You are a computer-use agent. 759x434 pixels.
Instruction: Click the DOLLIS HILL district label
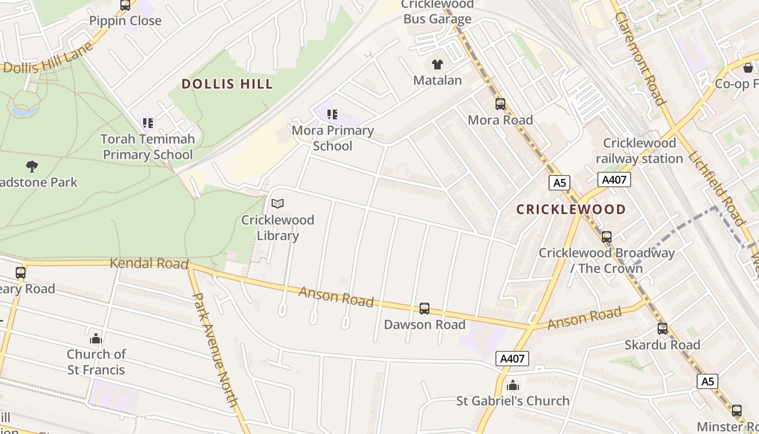(227, 84)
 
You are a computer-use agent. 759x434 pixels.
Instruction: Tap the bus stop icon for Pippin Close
(125, 5)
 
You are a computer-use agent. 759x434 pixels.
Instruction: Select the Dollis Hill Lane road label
(49, 61)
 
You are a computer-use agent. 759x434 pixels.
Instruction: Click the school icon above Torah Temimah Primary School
(148, 123)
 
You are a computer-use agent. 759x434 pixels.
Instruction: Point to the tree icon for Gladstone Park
(32, 166)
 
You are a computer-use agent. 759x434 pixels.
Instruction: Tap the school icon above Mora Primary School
(332, 114)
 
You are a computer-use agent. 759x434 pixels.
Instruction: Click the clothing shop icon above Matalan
(438, 65)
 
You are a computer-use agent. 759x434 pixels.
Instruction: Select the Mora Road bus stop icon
(500, 104)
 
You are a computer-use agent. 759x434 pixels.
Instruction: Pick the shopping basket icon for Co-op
(748, 68)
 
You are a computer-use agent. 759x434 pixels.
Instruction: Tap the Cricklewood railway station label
(639, 151)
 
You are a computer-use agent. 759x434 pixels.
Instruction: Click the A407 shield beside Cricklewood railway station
(614, 180)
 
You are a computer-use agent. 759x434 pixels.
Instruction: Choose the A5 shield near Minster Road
(707, 381)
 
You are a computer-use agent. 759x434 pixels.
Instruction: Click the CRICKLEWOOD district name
(571, 209)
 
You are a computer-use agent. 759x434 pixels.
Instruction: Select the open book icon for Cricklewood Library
(278, 204)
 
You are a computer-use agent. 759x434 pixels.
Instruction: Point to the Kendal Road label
(149, 264)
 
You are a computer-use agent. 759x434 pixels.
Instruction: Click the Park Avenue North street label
(215, 350)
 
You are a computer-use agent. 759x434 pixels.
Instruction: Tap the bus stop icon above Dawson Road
(424, 309)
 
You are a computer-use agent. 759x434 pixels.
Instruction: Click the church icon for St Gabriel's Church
(513, 386)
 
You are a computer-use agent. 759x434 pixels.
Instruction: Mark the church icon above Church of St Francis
(96, 339)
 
